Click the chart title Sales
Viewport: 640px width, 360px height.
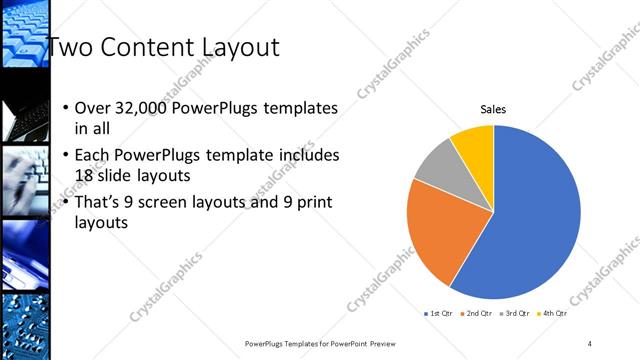click(x=494, y=109)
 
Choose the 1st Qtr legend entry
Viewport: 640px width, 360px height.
click(x=440, y=314)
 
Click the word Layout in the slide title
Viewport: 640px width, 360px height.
click(x=237, y=47)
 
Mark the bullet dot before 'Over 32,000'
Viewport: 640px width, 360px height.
click(x=66, y=108)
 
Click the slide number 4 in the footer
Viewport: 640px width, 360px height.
click(x=590, y=343)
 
